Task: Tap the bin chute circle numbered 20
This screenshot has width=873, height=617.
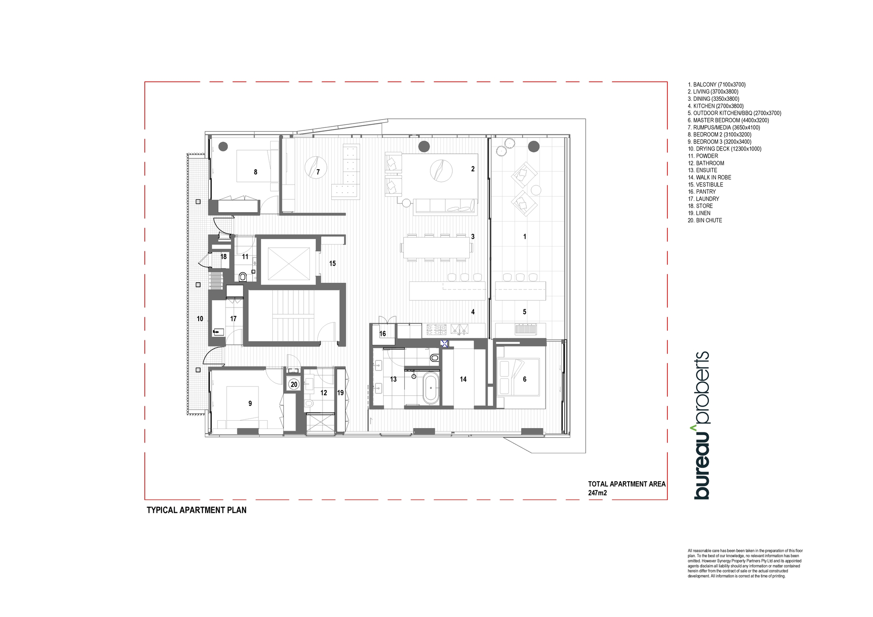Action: pyautogui.click(x=294, y=384)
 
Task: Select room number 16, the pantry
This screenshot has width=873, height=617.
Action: pyautogui.click(x=382, y=334)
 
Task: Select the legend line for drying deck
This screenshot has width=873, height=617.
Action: pyautogui.click(x=725, y=149)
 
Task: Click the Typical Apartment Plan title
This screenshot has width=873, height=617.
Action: pyautogui.click(x=196, y=510)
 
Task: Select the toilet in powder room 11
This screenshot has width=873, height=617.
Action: pyautogui.click(x=243, y=277)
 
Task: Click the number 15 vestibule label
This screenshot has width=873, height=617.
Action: pyautogui.click(x=333, y=264)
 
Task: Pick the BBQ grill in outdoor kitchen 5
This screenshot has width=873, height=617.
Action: pyautogui.click(x=526, y=329)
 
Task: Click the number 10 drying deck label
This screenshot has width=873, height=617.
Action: pyautogui.click(x=200, y=319)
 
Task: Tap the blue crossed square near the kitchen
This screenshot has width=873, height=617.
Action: pyautogui.click(x=445, y=343)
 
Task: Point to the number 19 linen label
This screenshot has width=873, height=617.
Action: pyautogui.click(x=340, y=393)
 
